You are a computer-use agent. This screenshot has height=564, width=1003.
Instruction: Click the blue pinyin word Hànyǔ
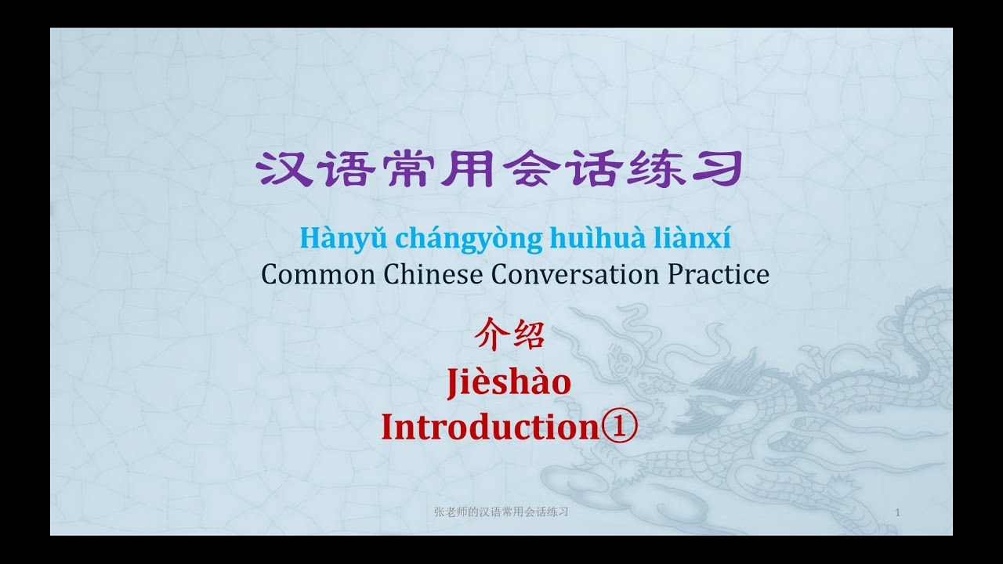point(322,237)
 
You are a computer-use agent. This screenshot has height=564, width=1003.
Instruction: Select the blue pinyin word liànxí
point(693,237)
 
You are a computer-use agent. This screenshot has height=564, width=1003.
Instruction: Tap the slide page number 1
point(896,512)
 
